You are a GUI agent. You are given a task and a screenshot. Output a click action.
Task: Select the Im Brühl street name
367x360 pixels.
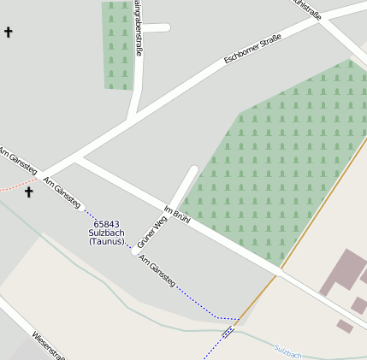pos(175,215)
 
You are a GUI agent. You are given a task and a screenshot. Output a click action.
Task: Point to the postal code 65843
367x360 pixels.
pos(106,224)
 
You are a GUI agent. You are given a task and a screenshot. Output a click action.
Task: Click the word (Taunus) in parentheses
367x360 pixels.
pos(106,242)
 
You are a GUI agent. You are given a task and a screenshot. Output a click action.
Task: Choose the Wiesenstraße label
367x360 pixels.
pos(49,345)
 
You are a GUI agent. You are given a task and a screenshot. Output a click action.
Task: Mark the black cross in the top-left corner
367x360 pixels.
pos(9,32)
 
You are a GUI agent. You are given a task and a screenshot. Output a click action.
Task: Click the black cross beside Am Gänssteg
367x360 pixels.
pos(28,192)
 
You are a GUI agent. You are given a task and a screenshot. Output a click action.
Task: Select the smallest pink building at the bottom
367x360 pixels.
pos(344,326)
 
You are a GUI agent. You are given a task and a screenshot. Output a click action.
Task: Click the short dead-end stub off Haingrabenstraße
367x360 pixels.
pos(156,27)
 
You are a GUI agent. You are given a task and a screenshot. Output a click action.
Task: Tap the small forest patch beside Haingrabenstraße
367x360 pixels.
pos(117,44)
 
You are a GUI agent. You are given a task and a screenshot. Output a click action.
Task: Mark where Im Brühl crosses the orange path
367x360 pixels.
pos(279,274)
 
